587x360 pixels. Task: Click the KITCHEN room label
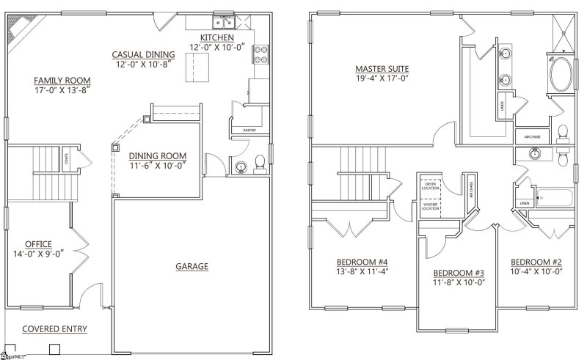[x=216, y=37]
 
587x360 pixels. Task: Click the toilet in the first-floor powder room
[x=258, y=164]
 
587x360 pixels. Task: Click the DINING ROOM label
[x=157, y=155]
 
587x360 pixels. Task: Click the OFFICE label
[x=37, y=243]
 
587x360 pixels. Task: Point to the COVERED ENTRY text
[x=54, y=329]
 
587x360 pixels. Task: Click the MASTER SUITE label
[x=382, y=69]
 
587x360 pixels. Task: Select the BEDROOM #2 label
[x=536, y=262]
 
